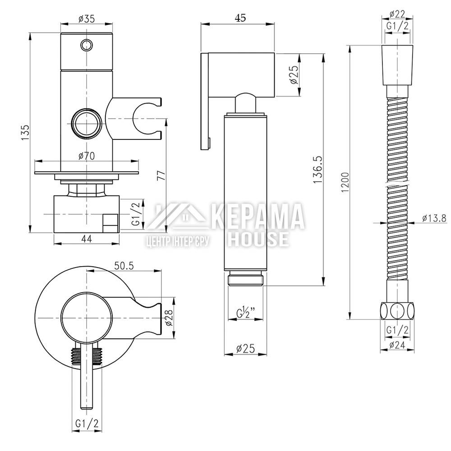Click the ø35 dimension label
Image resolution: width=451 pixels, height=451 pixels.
87,19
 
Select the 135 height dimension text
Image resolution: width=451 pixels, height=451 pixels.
25,132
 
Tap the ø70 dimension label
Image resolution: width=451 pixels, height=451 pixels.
87,156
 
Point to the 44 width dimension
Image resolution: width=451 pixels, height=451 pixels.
87,239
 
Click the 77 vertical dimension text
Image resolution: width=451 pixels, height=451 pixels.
161,175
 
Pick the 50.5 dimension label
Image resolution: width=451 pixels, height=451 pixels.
124,266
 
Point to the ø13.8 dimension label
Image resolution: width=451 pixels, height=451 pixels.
434,218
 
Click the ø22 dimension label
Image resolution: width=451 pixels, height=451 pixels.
397,14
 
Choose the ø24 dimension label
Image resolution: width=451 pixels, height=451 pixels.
397,345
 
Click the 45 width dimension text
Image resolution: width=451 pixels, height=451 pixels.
240,18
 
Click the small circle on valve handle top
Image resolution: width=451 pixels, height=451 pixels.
87,45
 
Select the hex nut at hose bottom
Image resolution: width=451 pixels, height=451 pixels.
397,311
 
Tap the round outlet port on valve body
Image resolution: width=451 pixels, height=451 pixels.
87,123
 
